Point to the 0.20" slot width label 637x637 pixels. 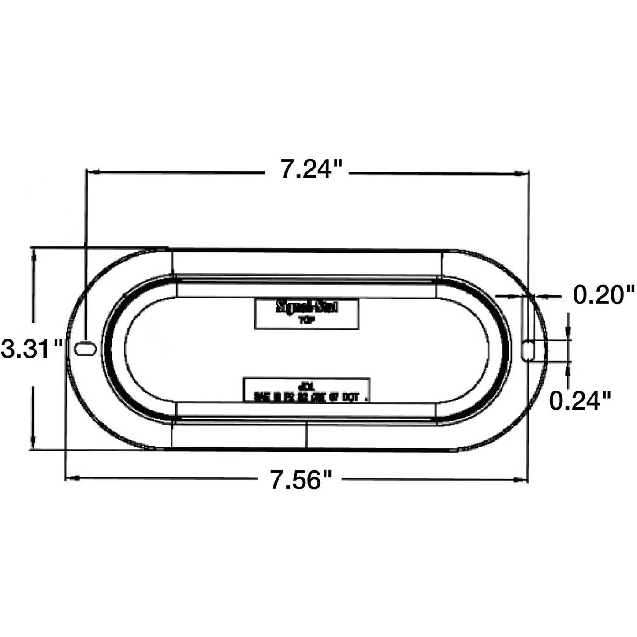click(603, 294)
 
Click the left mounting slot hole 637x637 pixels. click(85, 348)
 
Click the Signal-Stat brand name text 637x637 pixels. click(306, 307)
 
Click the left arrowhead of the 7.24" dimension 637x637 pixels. click(93, 173)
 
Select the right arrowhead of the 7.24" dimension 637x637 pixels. click(521, 174)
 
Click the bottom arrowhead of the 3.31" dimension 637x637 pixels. click(33, 443)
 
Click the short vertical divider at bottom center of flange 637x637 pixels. click(305, 434)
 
